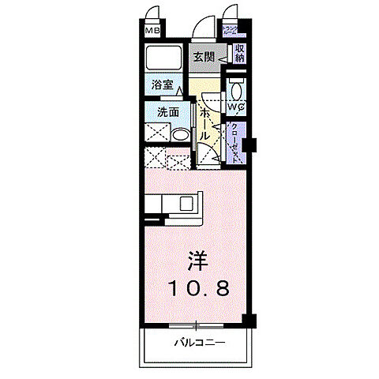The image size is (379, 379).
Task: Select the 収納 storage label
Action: point(238,53)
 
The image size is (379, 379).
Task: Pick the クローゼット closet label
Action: point(235,141)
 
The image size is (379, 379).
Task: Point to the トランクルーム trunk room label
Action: point(232,32)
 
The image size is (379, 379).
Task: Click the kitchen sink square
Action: point(189,203)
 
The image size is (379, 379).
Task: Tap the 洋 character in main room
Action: point(197,261)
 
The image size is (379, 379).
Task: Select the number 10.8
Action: point(197,289)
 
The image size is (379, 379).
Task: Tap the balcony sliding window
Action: point(194,324)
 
